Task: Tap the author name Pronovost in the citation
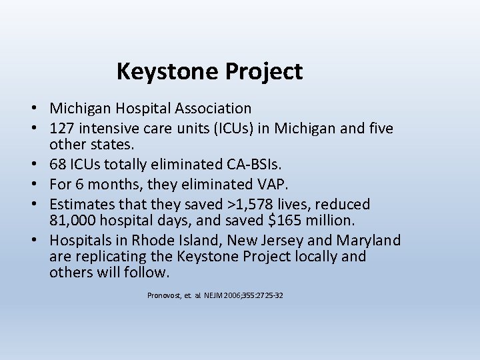coord(164,295)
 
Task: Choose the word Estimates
coord(81,204)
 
